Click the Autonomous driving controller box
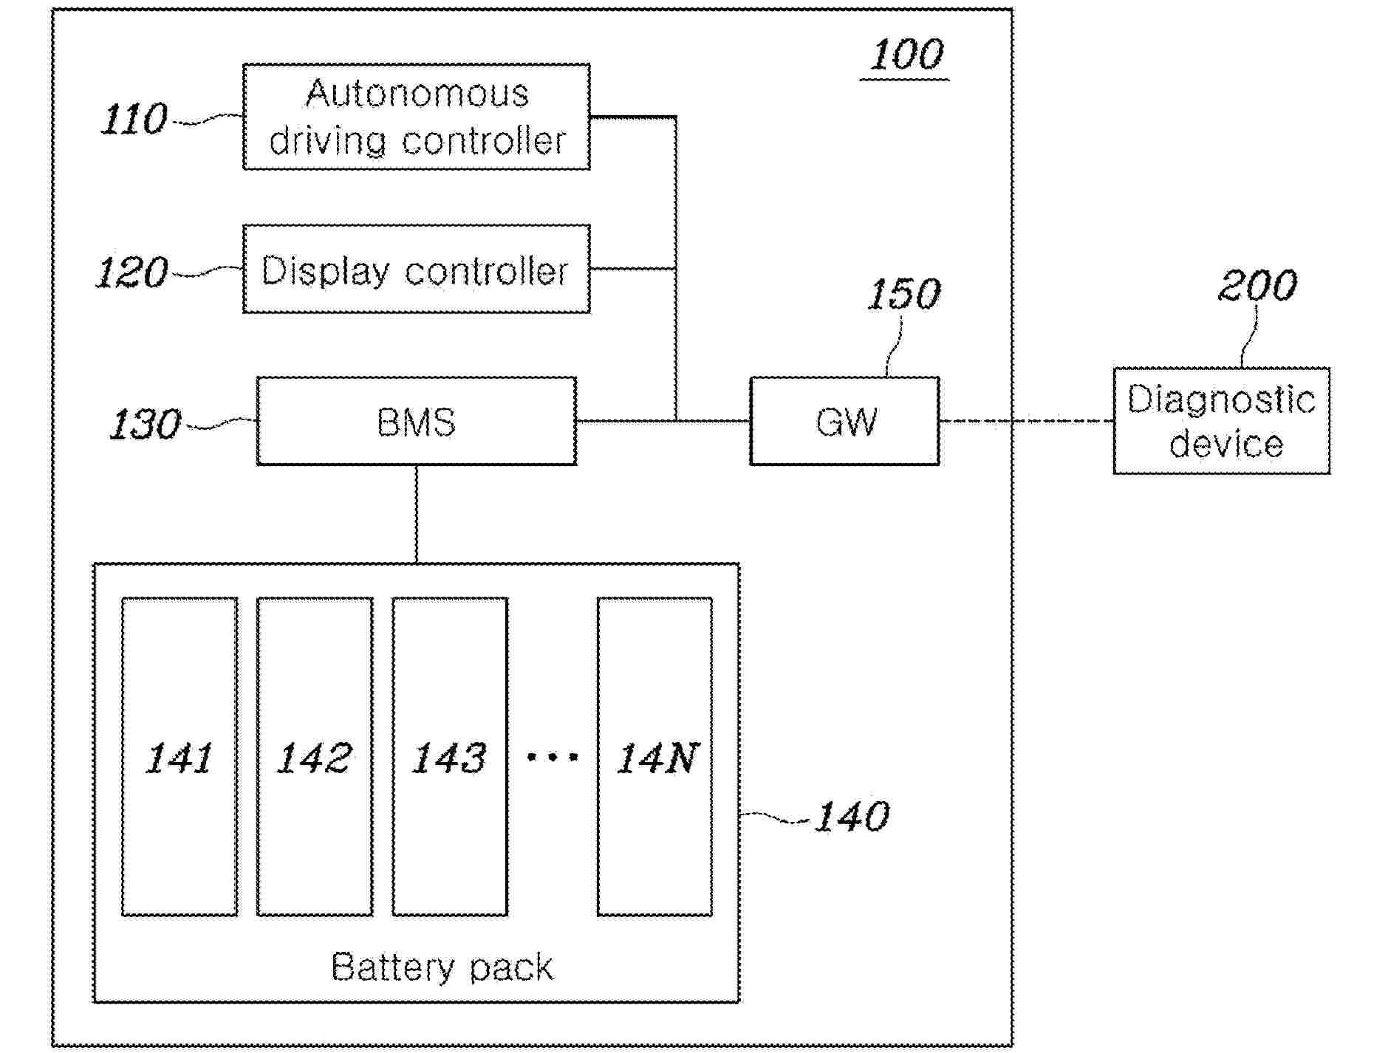416,117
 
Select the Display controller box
416,270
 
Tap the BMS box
416,421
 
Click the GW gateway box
844,421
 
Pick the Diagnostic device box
1221,421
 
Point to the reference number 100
906,55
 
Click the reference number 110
134,120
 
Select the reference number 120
131,272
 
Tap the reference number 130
145,425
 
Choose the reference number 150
903,295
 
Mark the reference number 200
1257,286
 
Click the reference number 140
852,817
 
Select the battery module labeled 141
180,757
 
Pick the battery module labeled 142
315,757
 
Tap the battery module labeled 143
450,757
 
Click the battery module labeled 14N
655,757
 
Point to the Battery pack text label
442,967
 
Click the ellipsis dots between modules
552,757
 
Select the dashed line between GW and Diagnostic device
1026,422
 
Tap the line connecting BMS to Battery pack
417,514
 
